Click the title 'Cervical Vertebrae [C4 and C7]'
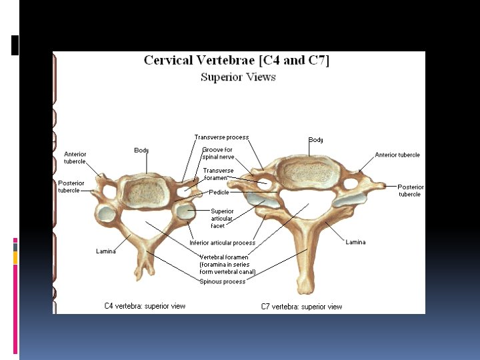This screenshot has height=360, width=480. (x=237, y=61)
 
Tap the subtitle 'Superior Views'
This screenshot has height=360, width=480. (x=238, y=77)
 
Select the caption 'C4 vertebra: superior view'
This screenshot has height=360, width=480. (x=145, y=306)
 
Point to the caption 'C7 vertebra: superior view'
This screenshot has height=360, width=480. (x=301, y=307)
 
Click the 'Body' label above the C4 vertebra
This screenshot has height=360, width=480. (x=141, y=151)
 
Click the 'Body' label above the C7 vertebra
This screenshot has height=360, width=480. (x=316, y=140)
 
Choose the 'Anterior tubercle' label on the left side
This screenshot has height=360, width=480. (x=75, y=158)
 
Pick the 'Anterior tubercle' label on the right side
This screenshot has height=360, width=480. (x=397, y=155)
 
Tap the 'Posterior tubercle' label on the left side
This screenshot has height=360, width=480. (x=71, y=187)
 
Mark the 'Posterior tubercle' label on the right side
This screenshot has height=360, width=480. (x=410, y=191)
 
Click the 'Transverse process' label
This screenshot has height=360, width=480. (x=221, y=137)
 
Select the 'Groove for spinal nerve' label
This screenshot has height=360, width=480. (x=218, y=153)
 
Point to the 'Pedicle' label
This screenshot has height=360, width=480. (x=219, y=193)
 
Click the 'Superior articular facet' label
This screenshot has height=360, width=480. (x=222, y=219)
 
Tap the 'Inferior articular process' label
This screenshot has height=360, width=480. (x=223, y=243)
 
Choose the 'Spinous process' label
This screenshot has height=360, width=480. (x=223, y=281)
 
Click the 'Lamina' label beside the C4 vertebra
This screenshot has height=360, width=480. (x=106, y=251)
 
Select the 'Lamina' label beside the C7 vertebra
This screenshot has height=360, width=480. (x=355, y=242)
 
